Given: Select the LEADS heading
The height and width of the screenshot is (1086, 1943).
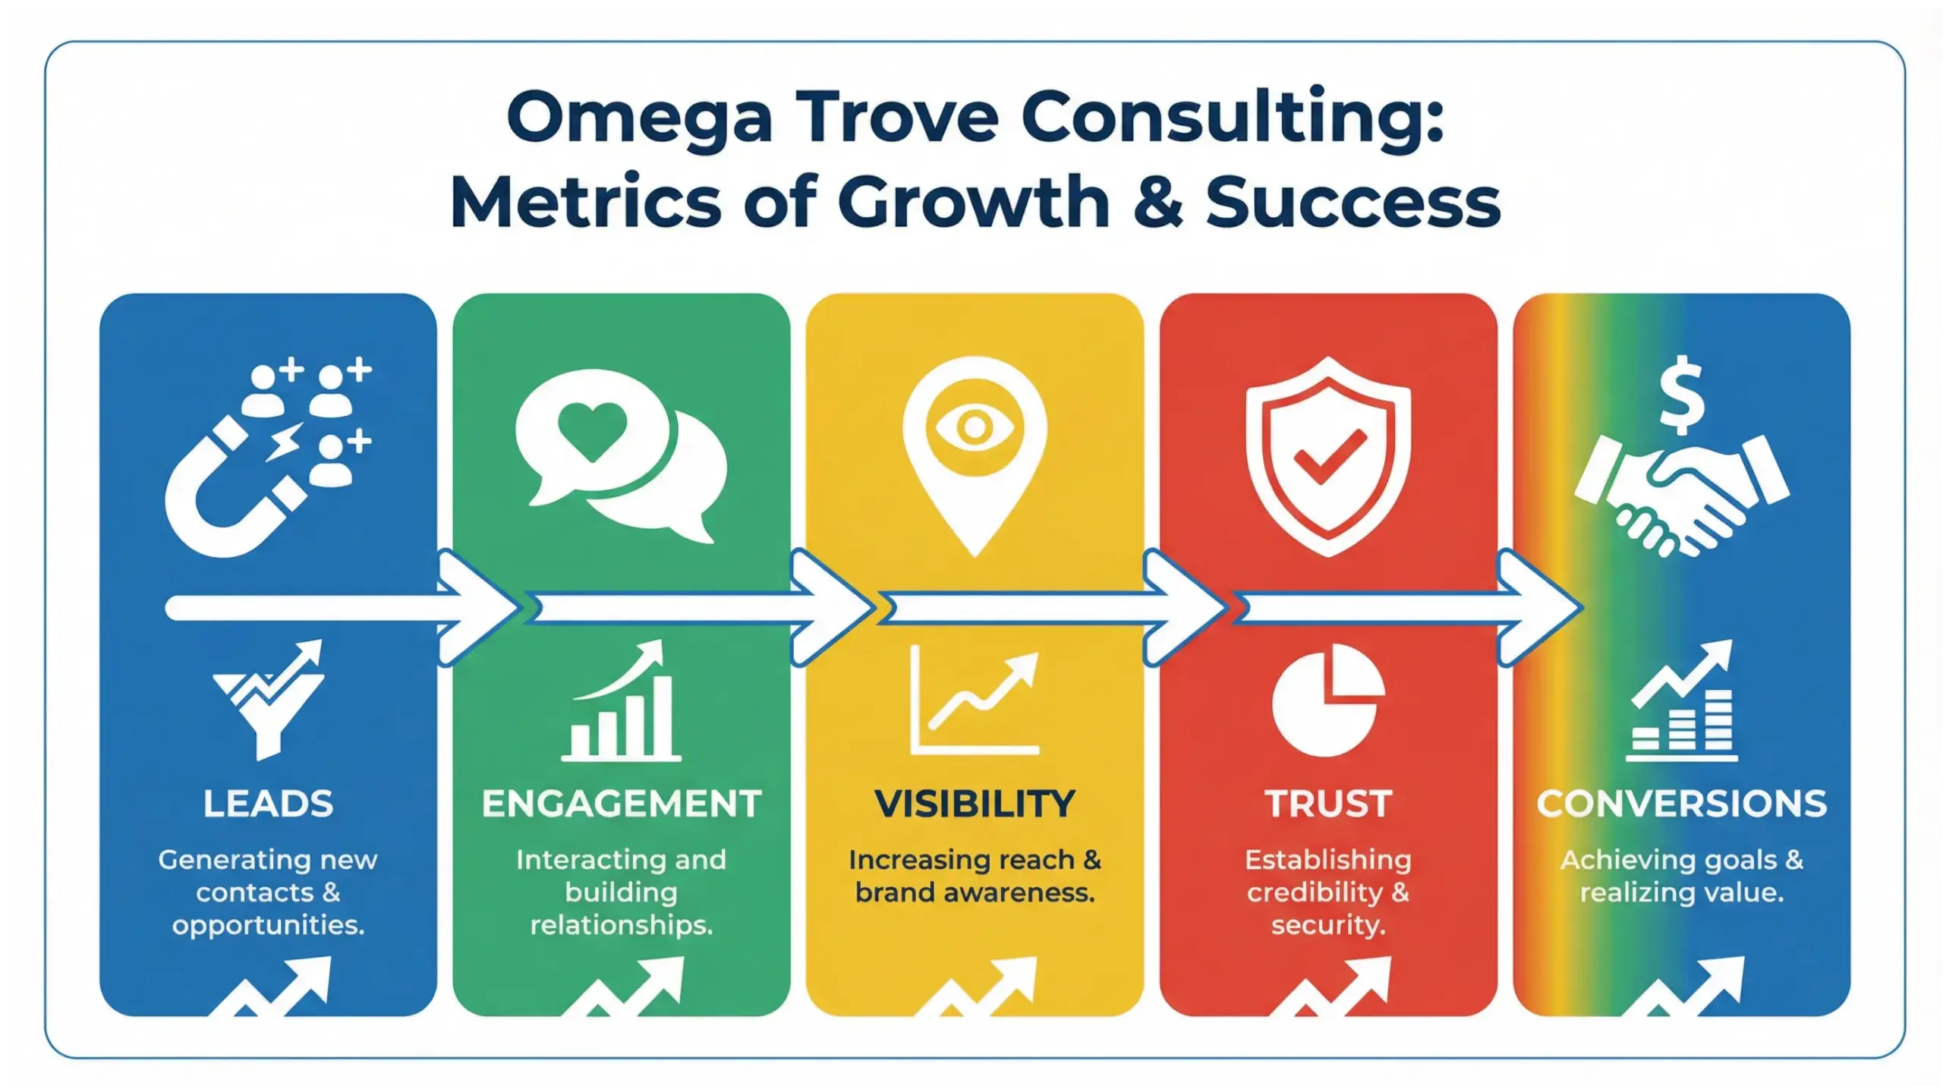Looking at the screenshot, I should (x=268, y=804).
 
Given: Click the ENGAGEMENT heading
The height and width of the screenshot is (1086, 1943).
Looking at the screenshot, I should (x=621, y=804).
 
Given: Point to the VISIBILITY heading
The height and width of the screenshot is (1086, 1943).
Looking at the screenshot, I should (x=975, y=804).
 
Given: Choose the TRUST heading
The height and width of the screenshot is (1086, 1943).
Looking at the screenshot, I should (x=1328, y=804).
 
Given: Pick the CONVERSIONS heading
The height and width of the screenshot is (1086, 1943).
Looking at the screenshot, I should (x=1681, y=804).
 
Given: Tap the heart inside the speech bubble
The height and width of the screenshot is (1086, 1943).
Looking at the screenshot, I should (x=592, y=430).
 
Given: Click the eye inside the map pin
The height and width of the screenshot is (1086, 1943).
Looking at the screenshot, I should (x=975, y=427).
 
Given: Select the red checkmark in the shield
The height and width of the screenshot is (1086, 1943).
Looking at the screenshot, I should (x=1330, y=456).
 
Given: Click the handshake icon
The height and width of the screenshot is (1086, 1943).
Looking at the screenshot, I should (x=1681, y=493).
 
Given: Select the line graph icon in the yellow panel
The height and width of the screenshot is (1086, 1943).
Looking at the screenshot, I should (x=975, y=702).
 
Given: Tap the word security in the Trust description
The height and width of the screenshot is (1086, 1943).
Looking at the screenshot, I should (x=1328, y=925).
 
